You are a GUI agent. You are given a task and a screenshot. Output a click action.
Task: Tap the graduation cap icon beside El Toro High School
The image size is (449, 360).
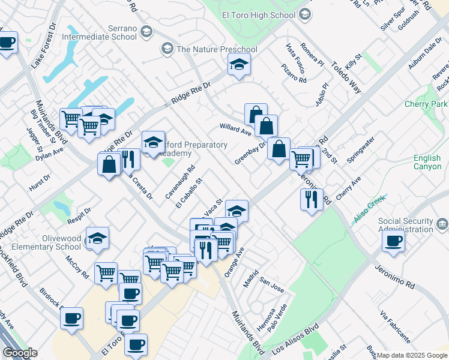pos(306,14)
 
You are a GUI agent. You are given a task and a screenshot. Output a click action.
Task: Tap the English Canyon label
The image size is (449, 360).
pos(427,163)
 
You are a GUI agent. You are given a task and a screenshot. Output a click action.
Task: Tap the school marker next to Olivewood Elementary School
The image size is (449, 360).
pos(97,238)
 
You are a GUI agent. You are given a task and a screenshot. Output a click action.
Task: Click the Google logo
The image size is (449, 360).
pos(20,353)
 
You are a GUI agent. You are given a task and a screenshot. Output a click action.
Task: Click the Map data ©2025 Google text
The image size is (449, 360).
pos(412,355)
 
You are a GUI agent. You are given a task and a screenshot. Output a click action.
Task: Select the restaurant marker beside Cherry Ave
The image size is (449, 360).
pos(311,199)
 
